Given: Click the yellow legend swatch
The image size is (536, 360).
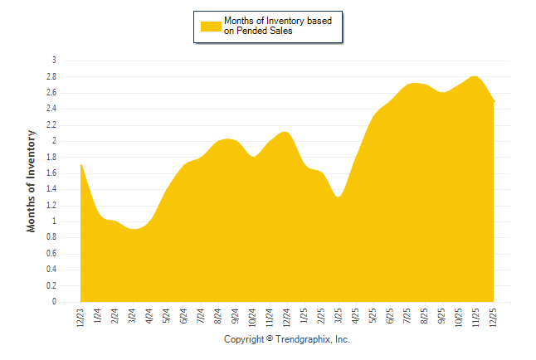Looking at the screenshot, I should point(211,27).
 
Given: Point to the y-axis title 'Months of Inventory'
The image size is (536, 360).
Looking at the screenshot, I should point(32,181).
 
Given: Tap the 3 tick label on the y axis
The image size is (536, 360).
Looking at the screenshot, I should point(53,61).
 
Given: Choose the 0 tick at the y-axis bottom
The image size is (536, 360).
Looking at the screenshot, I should point(53,303).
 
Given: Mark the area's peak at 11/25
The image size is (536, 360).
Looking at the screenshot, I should point(475,76).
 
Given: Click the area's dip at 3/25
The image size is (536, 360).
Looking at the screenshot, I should point(339,197).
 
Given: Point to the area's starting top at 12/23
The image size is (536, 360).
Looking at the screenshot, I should point(80,165).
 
